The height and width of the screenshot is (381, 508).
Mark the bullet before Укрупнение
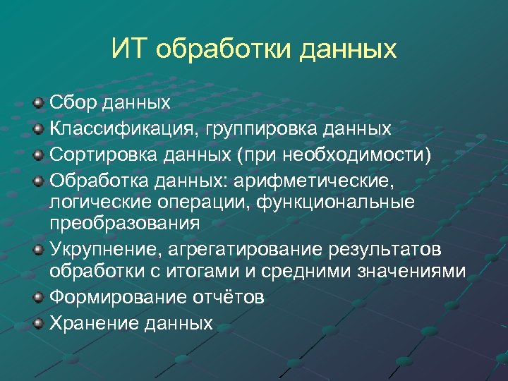click(39, 250)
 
